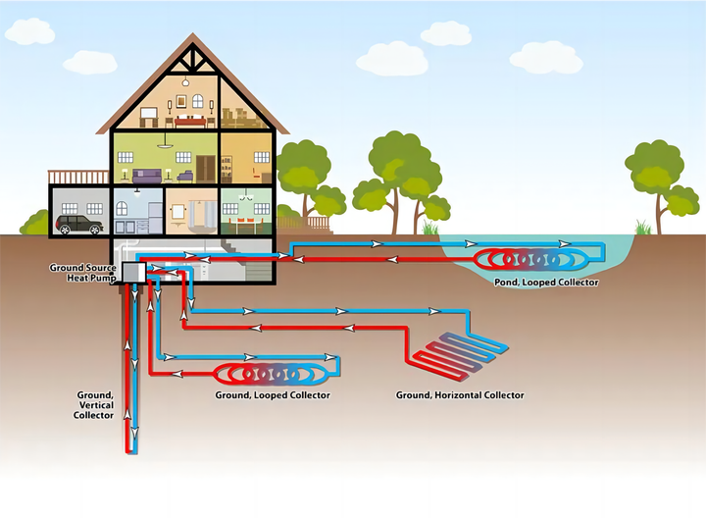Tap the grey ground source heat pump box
(133, 271)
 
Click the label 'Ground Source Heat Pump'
(83, 273)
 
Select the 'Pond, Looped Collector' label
(546, 283)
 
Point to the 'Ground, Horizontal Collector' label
(460, 395)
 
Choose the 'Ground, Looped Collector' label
(272, 395)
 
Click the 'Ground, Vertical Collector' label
(94, 405)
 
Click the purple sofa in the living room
(149, 175)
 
